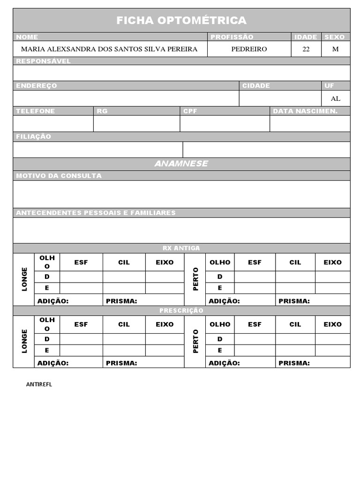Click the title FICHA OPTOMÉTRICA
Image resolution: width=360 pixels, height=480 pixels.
pos(181,20)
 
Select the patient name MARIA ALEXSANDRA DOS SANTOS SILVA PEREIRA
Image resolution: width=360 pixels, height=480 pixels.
pos(109,49)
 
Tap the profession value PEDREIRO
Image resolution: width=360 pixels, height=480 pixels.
pos(249,49)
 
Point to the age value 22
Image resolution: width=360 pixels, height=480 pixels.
pos(306,49)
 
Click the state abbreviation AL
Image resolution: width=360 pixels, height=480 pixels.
pos(335,98)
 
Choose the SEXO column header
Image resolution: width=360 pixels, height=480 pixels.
pos(334,37)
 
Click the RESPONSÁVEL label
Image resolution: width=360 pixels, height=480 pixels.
pos(43,61)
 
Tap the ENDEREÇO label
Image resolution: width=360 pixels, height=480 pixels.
pos(37,86)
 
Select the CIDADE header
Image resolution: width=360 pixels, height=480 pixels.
pos(256,86)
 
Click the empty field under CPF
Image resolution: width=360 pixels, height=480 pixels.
pos(225,123)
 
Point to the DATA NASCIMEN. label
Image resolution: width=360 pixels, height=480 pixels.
pos(305,111)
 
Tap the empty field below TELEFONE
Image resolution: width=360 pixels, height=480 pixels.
pos(53,123)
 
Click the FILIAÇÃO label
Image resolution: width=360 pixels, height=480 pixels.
pos(33,136)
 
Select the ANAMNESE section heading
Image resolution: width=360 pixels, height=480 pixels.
pos(181,164)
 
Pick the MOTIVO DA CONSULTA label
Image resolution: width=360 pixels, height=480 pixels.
pos(59,176)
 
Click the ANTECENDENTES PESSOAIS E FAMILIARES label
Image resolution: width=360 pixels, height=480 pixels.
pos(96,213)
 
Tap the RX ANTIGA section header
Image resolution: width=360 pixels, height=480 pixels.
pos(181,248)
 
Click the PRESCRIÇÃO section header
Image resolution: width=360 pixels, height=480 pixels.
pos(181,310)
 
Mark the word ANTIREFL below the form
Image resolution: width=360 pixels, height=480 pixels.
pos(39,384)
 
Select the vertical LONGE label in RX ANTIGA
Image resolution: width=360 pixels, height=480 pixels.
pos(24,279)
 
